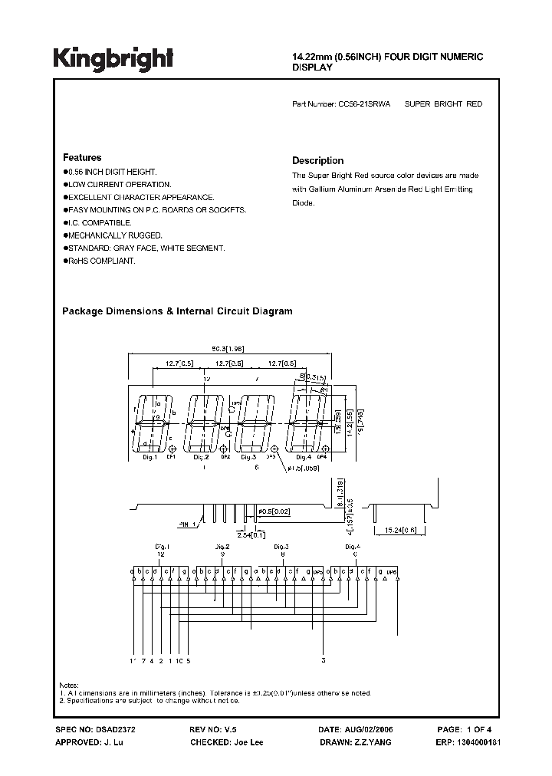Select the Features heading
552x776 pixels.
(x=81, y=157)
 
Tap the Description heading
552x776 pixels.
(x=317, y=161)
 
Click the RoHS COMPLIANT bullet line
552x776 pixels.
(x=100, y=261)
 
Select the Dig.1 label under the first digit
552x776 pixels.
(x=149, y=457)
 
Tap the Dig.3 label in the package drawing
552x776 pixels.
(x=248, y=457)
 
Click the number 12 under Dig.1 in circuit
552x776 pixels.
(x=160, y=554)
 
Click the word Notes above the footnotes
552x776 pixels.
(x=69, y=685)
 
